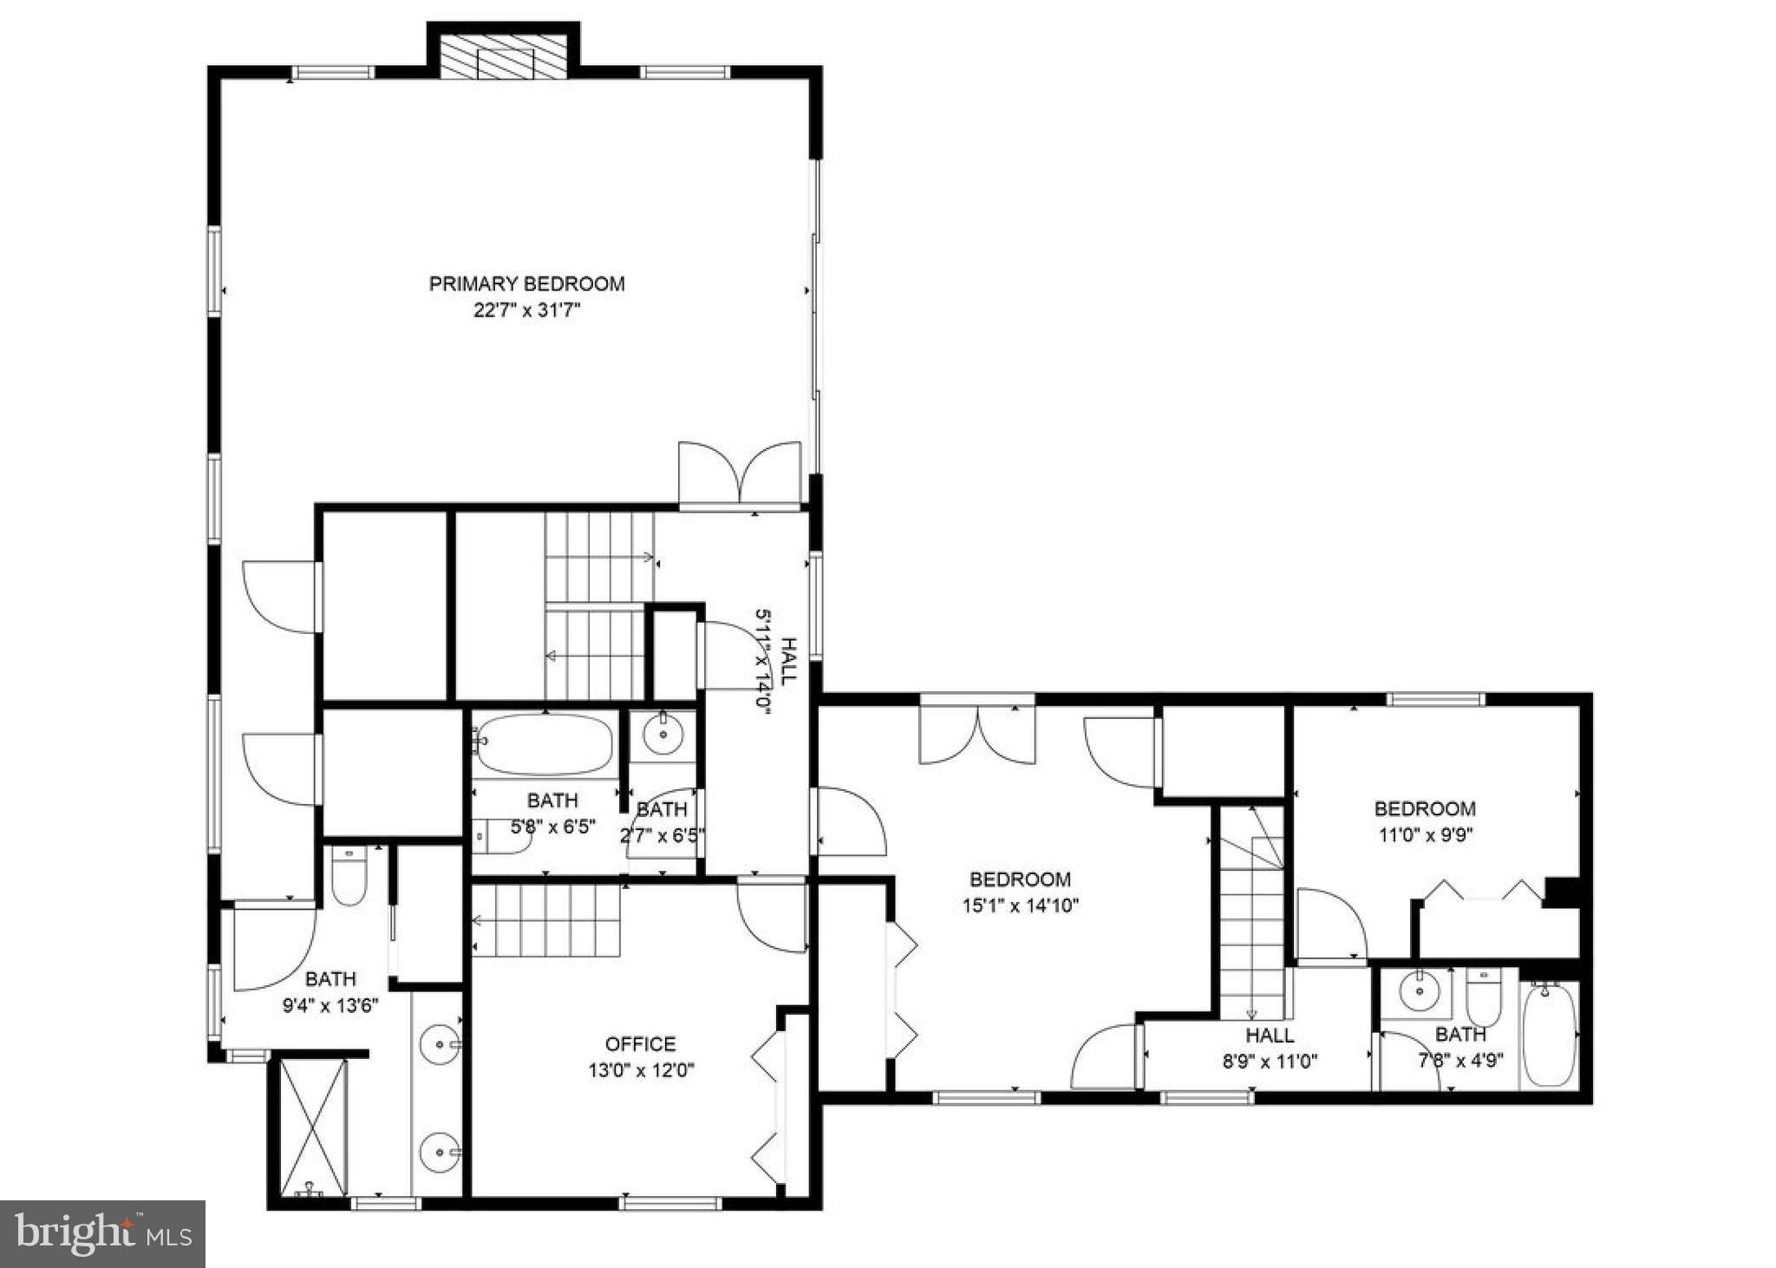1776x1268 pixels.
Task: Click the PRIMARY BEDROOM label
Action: [x=526, y=284]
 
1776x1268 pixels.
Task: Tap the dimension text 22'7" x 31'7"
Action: [x=526, y=310]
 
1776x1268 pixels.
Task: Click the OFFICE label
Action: [x=640, y=1044]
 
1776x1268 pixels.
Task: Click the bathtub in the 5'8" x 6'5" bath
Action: [x=545, y=744]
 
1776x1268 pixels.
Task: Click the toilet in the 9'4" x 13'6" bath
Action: [x=349, y=878]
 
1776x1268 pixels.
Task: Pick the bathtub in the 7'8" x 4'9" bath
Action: [x=1550, y=1036]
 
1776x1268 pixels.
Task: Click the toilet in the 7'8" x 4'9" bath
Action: [x=1483, y=997]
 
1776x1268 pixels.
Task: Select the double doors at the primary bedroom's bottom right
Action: [x=739, y=474]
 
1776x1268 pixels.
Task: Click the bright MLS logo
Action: [x=102, y=1233]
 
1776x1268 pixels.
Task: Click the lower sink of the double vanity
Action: [x=440, y=1154]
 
